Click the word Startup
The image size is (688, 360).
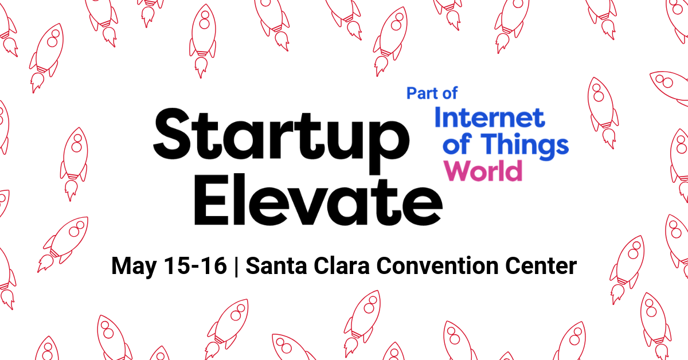[x=281, y=140]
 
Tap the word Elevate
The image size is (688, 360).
[x=318, y=199]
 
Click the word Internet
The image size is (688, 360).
[x=490, y=118]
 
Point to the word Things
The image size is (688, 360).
[x=525, y=145]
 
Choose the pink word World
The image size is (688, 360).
[x=483, y=171]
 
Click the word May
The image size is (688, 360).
[x=134, y=267]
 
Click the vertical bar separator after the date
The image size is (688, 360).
[x=236, y=266]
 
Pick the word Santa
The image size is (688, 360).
[x=276, y=265]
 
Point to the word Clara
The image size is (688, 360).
[x=342, y=265]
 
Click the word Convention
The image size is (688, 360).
[x=437, y=265]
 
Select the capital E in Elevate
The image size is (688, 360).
[x=211, y=199]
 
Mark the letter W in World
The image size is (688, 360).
[x=457, y=171]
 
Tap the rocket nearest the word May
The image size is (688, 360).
[x=63, y=245]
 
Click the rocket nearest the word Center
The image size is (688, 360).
[x=627, y=269]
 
